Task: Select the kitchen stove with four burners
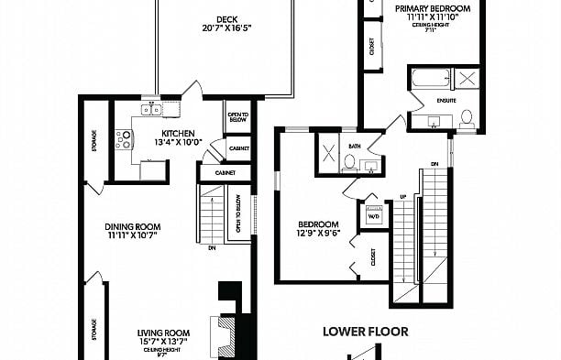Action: click(124, 139)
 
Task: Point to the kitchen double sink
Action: click(150, 110)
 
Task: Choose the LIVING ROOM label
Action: click(163, 333)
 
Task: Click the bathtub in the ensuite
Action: click(430, 76)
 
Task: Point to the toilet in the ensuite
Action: click(467, 117)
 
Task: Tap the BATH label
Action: click(355, 147)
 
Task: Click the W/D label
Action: click(373, 218)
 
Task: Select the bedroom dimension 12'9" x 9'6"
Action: click(319, 235)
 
